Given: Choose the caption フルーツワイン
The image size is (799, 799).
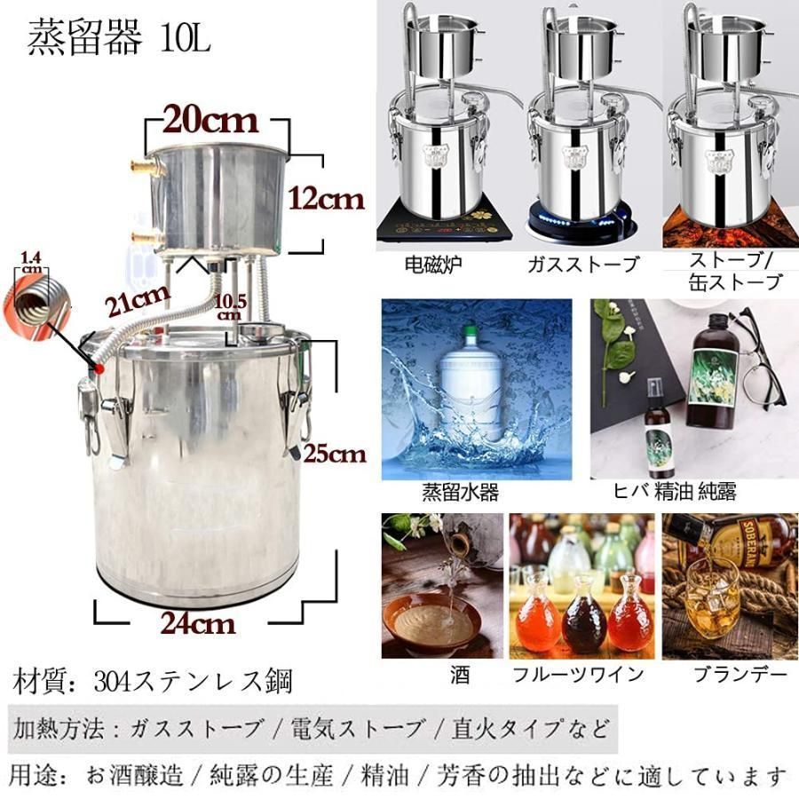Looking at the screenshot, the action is click(x=577, y=675).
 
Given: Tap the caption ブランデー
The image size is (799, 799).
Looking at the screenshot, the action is click(x=740, y=675).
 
